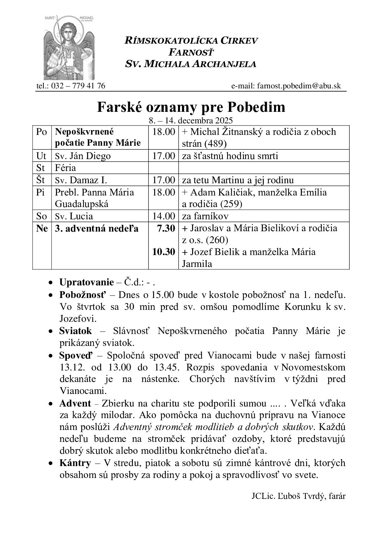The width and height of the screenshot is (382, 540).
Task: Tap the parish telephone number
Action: pos(71,86)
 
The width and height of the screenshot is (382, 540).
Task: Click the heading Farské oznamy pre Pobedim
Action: pos(191,107)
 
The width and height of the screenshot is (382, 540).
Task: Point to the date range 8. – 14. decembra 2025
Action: pos(191,120)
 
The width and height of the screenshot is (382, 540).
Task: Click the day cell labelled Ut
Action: pos(42,156)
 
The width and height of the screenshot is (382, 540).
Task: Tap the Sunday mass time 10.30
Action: pos(164,251)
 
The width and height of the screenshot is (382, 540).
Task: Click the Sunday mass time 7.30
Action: pos(167,228)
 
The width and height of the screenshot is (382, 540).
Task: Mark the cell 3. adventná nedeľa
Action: pos(96,228)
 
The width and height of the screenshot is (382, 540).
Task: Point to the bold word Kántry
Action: pos(75,463)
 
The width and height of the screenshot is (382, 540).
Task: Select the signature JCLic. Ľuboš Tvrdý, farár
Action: pos(299,496)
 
